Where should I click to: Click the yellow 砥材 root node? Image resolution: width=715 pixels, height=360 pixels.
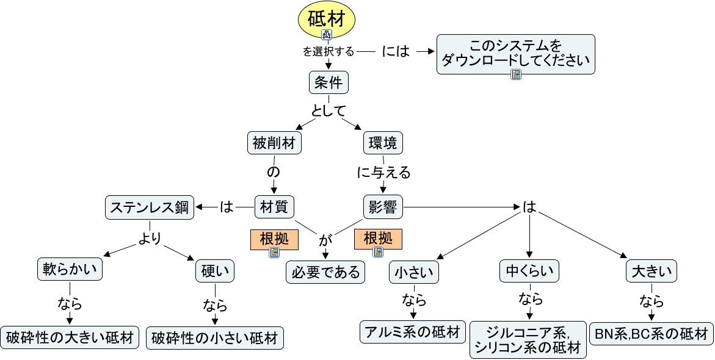(x=327, y=18)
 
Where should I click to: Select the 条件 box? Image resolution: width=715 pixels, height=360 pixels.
(x=328, y=82)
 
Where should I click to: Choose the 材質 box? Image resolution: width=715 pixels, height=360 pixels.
(x=274, y=207)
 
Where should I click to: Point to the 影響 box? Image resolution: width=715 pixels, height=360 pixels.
(x=383, y=207)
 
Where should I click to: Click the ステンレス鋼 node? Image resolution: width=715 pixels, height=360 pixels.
(x=150, y=207)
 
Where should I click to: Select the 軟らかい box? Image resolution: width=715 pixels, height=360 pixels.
(x=70, y=270)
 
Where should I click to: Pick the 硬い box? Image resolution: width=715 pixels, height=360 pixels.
(x=215, y=271)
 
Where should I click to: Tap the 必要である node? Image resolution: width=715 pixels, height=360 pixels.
(x=325, y=272)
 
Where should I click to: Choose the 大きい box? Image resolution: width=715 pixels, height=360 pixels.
(x=651, y=270)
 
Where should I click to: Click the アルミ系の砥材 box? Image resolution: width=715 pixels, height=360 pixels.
(x=413, y=332)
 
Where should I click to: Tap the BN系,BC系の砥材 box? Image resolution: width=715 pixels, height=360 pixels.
(x=651, y=333)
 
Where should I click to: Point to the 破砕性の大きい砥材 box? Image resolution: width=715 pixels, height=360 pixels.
(x=70, y=337)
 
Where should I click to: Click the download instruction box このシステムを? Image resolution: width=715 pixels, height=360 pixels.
(x=516, y=53)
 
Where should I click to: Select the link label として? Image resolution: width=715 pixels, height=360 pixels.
(x=328, y=111)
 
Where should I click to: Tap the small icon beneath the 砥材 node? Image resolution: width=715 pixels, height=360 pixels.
(x=327, y=35)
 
